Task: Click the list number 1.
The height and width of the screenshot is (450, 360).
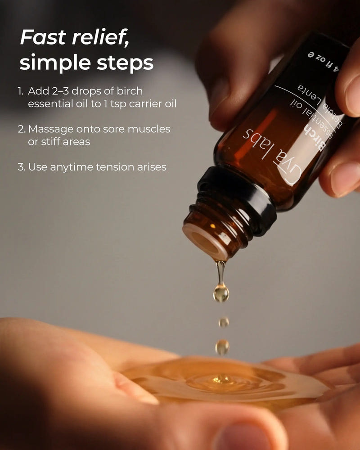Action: [x=20, y=91]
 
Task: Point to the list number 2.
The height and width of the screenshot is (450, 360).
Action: [x=21, y=129]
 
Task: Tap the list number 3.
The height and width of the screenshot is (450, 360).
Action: [x=21, y=167]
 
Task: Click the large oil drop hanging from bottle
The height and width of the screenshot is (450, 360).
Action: [x=220, y=293]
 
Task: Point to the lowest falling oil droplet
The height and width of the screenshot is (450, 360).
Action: [x=222, y=346]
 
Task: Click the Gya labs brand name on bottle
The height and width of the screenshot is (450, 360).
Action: [x=270, y=148]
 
